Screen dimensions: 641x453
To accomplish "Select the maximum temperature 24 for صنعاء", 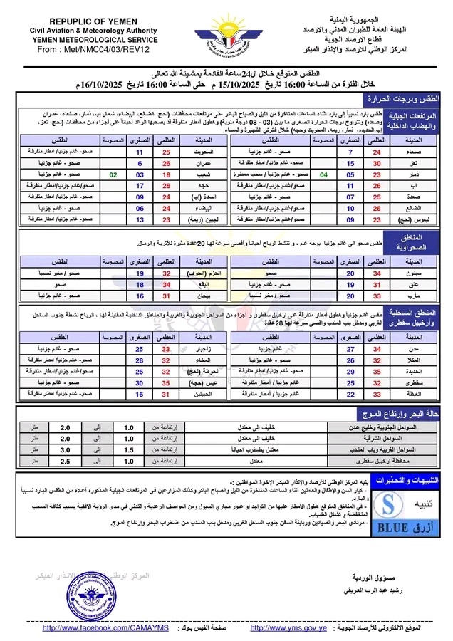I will [377, 152].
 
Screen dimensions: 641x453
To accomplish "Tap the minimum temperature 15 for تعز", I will [350, 163].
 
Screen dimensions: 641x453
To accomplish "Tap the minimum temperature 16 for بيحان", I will [140, 295].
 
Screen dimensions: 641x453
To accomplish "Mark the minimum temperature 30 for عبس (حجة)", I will [140, 382].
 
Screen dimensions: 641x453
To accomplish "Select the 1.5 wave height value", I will [129, 449].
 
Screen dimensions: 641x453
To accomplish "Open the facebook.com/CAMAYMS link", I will [105, 628].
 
